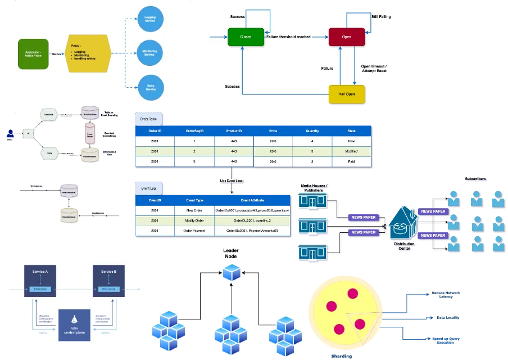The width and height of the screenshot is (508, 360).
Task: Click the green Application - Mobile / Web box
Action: point(33,54)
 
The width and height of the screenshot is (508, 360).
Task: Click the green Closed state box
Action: point(246,37)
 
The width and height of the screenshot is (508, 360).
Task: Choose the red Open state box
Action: point(347,37)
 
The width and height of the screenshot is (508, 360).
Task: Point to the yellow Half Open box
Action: point(347,94)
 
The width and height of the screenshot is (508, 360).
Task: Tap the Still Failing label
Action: point(380,17)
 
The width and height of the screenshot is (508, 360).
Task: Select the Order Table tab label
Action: point(148,119)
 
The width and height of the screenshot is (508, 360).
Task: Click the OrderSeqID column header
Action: point(194,130)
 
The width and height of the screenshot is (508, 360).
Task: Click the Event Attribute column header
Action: point(252,200)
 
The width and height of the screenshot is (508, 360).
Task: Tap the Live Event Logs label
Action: point(232,181)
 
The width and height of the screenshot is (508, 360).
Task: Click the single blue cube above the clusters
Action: point(231,272)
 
